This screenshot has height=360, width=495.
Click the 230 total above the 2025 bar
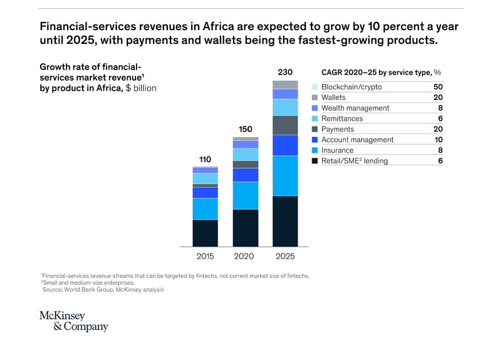pos(285,72)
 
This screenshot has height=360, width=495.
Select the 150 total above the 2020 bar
pos(245,129)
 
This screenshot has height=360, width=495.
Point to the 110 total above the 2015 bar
pos(205,159)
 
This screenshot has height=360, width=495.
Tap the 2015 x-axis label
pos(205,256)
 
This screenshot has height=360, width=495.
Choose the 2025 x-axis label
pos(285,256)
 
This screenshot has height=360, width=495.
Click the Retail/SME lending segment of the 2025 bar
pos(285,221)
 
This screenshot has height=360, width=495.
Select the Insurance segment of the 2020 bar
pos(245,195)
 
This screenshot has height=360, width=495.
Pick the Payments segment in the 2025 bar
pos(285,125)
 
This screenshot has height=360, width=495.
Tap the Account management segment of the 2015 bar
pos(205,193)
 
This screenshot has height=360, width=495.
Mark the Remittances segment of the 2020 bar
pos(245,155)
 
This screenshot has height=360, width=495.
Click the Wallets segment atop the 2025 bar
pos(285,85)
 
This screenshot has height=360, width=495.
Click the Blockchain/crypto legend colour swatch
pos(315,87)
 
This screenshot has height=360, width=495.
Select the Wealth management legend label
pos(355,108)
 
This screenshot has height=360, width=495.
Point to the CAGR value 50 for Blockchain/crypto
pos(438,87)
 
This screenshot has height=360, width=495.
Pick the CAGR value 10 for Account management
pos(439,140)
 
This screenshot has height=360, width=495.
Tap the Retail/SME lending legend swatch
pos(315,161)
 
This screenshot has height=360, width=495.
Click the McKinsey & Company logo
pos(74,321)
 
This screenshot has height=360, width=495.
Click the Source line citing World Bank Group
pos(103,290)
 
